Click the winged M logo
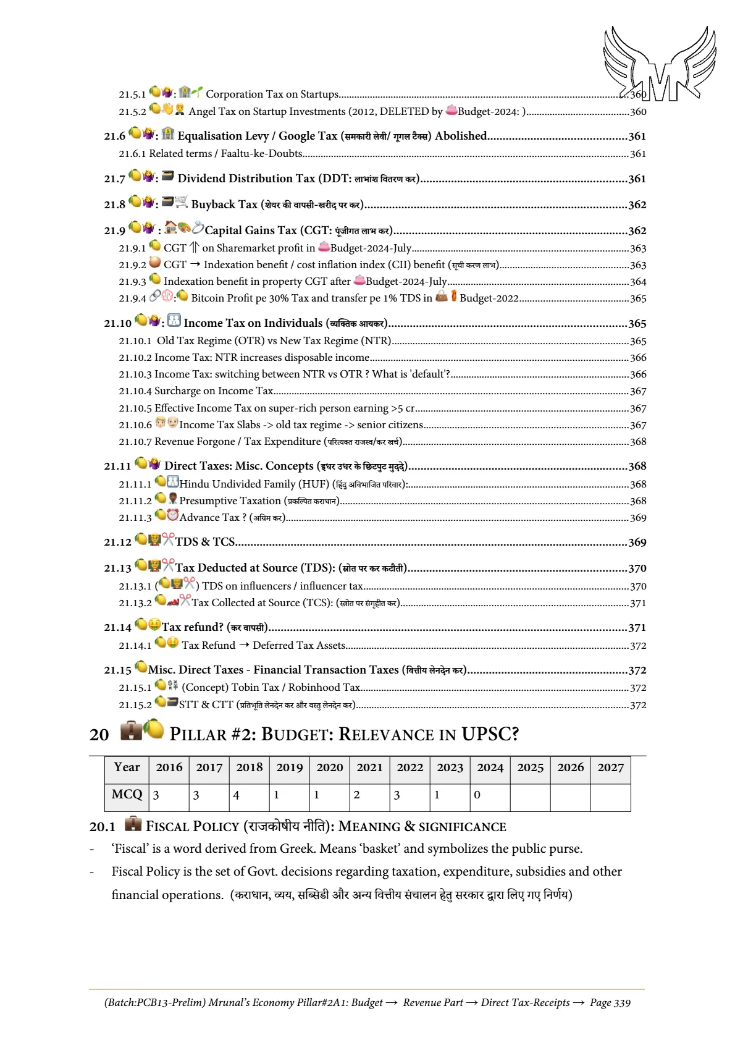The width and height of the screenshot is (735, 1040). [660, 64]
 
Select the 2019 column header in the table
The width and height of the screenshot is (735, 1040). [289, 767]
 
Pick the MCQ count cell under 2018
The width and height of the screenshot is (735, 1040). [249, 795]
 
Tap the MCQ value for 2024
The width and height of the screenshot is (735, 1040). [490, 795]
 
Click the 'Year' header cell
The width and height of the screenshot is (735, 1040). [127, 767]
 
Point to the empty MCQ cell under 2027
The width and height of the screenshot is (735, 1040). [610, 795]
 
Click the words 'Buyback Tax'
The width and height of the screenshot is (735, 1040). [224, 205]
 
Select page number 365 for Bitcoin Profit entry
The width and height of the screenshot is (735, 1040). [638, 298]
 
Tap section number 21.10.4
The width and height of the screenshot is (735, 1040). [135, 391]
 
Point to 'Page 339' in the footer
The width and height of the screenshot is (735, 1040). [610, 1002]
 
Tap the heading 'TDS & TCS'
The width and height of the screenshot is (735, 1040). [205, 542]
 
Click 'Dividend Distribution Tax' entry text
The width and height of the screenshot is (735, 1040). [246, 179]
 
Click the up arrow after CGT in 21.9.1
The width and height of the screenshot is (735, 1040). [194, 248]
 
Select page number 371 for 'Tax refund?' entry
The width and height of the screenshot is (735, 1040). [637, 628]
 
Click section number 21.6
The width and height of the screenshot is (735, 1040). [114, 137]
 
